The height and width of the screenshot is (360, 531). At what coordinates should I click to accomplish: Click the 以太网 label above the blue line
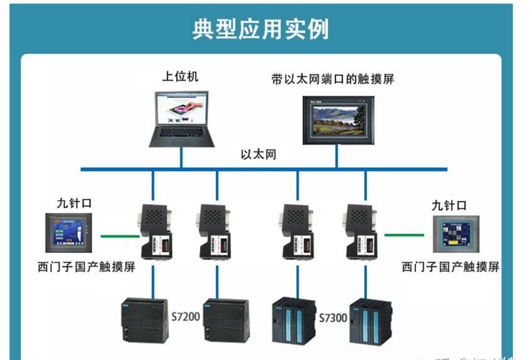[x=258, y=154]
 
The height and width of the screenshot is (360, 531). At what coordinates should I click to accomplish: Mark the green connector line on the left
[x=118, y=235]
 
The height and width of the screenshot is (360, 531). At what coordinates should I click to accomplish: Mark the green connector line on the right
[x=403, y=235]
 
